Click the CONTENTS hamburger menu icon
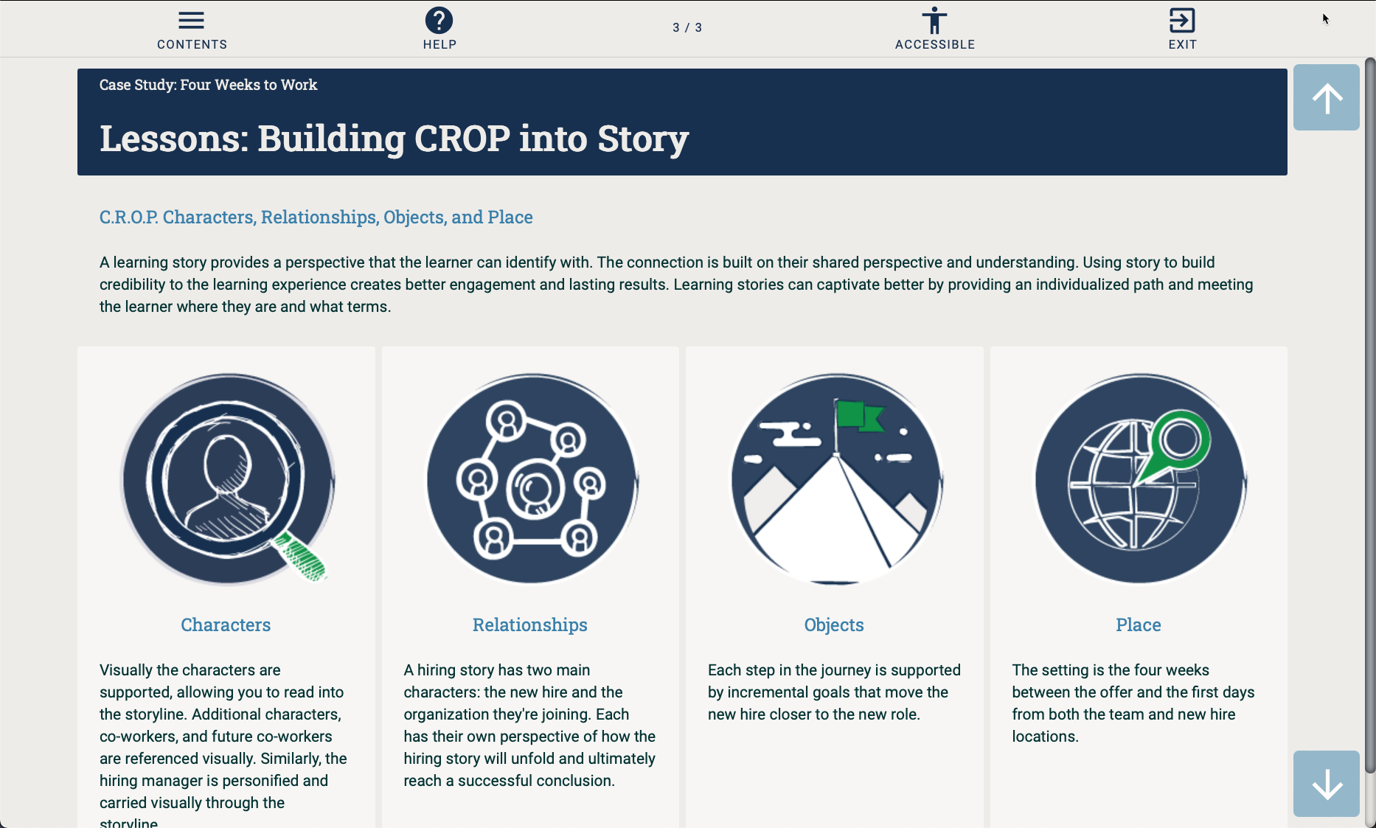click(191, 21)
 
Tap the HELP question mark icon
click(439, 21)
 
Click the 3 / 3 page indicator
click(687, 28)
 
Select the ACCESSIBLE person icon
click(934, 21)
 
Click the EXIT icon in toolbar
click(1182, 21)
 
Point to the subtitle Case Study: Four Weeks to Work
click(208, 85)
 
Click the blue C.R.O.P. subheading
click(316, 218)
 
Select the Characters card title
click(226, 625)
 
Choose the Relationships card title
click(529, 625)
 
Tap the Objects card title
click(833, 625)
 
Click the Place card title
click(1138, 625)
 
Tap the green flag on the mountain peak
click(859, 415)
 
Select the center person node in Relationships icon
click(534, 489)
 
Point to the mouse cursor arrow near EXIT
click(1325, 18)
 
